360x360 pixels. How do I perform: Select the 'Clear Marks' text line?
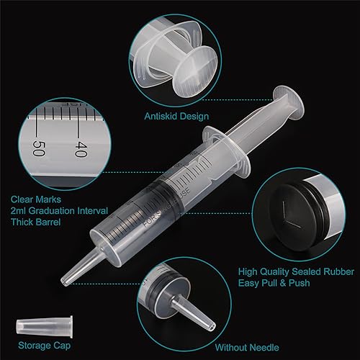[x=35, y=199]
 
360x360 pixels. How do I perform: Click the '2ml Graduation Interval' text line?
[x=56, y=211]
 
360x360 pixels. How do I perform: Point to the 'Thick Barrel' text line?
[x=35, y=223]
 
